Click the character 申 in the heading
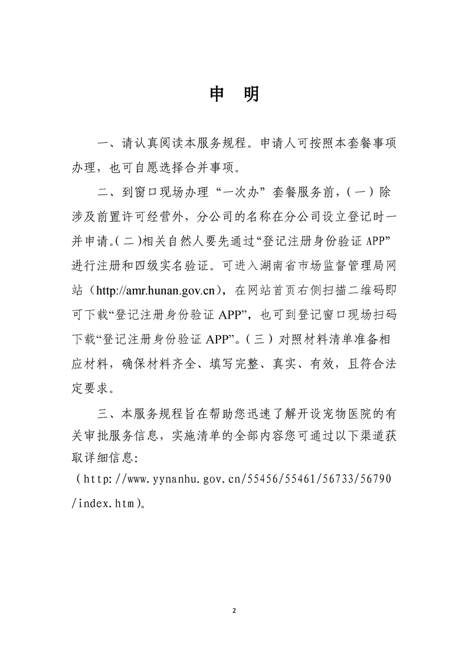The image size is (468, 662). (x=217, y=94)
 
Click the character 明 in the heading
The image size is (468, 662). (x=251, y=94)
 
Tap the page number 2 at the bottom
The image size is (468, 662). (x=234, y=611)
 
